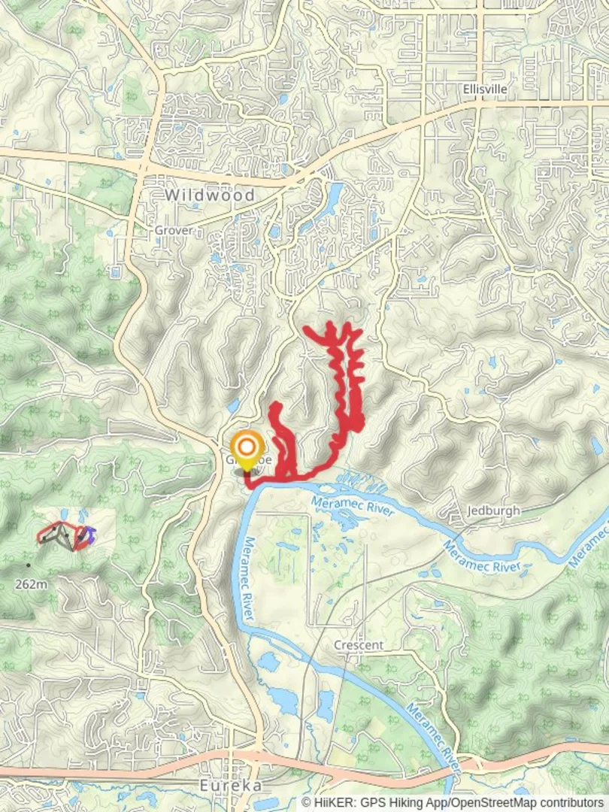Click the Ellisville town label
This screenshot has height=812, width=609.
(485, 89)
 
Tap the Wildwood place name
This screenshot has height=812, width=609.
(210, 195)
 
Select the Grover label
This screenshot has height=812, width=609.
(174, 230)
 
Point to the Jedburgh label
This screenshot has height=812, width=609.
(493, 510)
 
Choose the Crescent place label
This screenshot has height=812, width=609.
(359, 645)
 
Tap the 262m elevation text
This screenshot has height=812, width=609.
(31, 583)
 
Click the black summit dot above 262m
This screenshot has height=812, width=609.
(29, 565)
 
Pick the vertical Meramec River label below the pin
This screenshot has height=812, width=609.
(249, 579)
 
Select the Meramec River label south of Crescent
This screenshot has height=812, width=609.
(433, 733)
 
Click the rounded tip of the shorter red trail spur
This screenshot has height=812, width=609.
(275, 408)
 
